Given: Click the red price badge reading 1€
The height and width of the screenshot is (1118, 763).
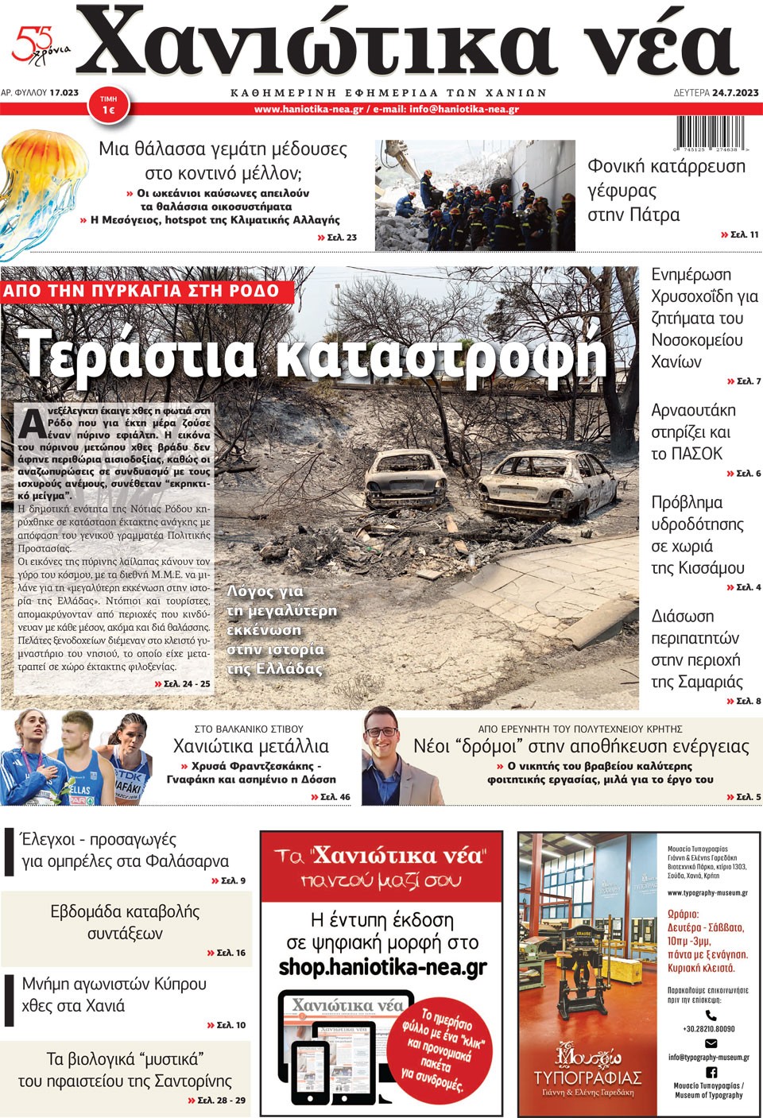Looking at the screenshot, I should [108, 105].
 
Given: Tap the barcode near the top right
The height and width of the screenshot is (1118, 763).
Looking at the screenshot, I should [709, 133].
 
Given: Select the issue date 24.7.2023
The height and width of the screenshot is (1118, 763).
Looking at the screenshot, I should [735, 93].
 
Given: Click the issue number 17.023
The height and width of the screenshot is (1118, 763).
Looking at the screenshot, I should [64, 93].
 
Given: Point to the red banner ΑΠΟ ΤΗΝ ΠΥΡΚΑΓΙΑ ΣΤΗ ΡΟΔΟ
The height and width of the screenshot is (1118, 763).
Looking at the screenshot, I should [143, 291].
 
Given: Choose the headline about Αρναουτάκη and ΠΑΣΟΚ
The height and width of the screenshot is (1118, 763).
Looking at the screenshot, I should [693, 432].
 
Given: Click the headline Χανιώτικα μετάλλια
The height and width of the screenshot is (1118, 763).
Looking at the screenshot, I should [250, 746].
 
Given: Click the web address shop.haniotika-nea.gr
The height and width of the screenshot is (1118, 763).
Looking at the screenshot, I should [382, 967].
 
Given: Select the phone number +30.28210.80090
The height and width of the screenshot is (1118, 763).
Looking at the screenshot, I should [709, 1028].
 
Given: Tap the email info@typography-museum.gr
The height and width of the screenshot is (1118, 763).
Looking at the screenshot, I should [708, 1058].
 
